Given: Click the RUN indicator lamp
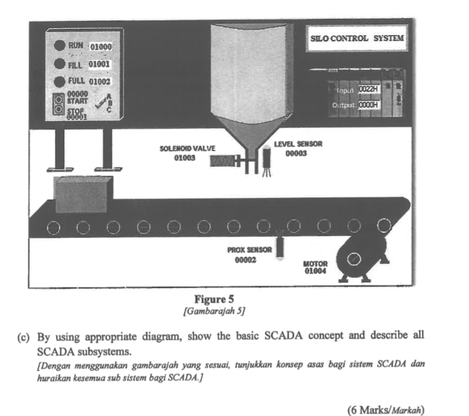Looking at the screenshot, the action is pyautogui.click(x=59, y=45).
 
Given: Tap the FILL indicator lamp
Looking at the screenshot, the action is pyautogui.click(x=59, y=63).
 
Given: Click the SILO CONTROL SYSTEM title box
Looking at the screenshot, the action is pyautogui.click(x=357, y=39).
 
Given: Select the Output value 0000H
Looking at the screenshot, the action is pyautogui.click(x=368, y=105).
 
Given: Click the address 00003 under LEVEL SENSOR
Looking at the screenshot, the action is pyautogui.click(x=296, y=154).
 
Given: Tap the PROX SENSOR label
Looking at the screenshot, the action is pyautogui.click(x=249, y=250).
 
